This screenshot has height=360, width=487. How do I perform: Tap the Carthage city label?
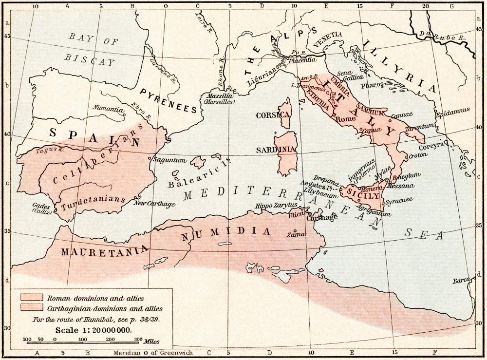[x=322, y=218]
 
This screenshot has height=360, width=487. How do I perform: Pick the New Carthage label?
[x=154, y=204]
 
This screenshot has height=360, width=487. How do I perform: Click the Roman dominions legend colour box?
[x=32, y=297]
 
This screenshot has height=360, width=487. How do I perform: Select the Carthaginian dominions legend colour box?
[x=32, y=308]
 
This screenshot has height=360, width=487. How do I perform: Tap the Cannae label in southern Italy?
[x=402, y=114]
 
